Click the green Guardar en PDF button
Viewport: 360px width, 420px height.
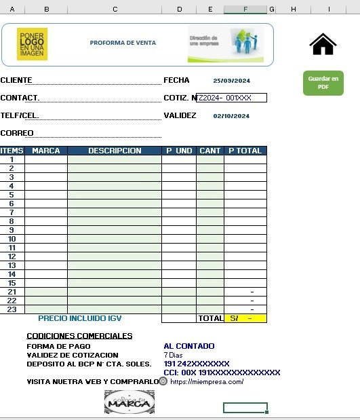click(323, 83)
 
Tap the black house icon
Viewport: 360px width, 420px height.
click(323, 44)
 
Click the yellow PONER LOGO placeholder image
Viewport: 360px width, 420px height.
click(33, 44)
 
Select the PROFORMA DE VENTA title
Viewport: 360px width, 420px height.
click(123, 43)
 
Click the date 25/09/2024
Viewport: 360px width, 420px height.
click(231, 80)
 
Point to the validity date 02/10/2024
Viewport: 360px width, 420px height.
click(231, 116)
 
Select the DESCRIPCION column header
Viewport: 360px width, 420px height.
click(115, 151)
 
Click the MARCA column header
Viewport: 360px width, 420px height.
click(46, 151)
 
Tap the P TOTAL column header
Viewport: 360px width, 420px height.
click(245, 151)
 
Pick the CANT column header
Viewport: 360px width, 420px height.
click(210, 151)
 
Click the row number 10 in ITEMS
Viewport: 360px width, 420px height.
click(12, 239)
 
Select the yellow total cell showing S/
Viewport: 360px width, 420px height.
click(245, 318)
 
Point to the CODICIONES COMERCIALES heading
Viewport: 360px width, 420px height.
click(79, 336)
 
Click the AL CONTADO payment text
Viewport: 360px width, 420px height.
click(189, 346)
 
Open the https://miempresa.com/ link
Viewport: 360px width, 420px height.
click(207, 382)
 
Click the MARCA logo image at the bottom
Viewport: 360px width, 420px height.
click(129, 402)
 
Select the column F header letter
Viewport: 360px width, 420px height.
click(245, 9)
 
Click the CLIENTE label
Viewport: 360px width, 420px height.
click(16, 80)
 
